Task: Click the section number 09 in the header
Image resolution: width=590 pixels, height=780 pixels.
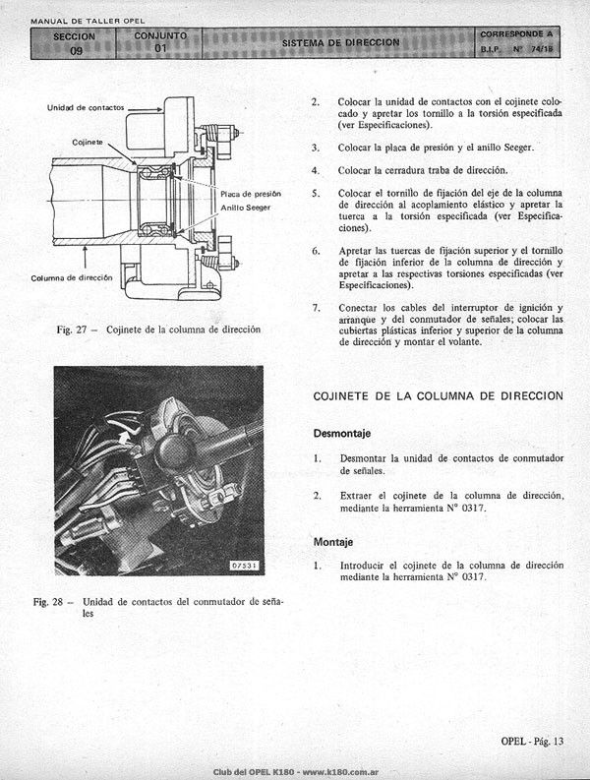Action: point(76,50)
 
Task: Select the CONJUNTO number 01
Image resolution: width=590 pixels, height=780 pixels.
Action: point(160,49)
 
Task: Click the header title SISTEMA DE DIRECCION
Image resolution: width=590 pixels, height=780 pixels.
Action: point(341,42)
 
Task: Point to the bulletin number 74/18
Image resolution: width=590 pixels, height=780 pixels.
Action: point(542,49)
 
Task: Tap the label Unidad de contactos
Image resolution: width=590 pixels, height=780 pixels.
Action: point(86,107)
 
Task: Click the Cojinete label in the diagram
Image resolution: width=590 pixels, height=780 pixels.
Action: point(88,143)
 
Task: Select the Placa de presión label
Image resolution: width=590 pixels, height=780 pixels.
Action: point(251,194)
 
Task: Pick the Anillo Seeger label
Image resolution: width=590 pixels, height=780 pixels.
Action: point(246,208)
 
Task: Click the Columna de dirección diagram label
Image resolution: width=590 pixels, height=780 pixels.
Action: point(72,278)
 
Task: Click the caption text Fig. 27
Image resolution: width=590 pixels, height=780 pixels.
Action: point(72,330)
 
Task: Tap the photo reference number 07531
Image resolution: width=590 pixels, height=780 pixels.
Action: point(245,566)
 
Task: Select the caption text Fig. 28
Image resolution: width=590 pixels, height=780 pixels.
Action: point(48,602)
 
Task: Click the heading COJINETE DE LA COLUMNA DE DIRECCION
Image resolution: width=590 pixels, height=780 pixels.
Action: point(439,396)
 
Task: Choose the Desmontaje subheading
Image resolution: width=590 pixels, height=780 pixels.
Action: point(342,434)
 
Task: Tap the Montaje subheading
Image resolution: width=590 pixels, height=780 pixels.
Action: point(333,542)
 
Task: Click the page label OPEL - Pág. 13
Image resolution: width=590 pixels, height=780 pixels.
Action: point(532,742)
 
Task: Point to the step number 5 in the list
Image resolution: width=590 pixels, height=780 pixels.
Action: point(316,193)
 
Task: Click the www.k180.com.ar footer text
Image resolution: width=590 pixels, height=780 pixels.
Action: point(341,772)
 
